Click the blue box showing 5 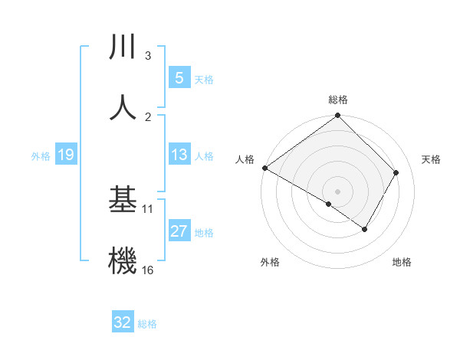point(179,78)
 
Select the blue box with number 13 point(179,155)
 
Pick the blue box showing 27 point(179,231)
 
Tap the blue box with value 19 point(66,155)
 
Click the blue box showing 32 point(123,322)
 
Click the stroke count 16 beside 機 point(147,270)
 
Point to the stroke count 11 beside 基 point(148,208)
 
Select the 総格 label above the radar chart point(338,100)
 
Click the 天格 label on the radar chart point(432,159)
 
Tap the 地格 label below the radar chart point(402,263)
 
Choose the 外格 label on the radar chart point(270,263)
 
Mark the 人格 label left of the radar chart point(245,159)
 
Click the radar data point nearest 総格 point(337,116)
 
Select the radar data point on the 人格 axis point(264,168)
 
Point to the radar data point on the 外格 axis point(329,204)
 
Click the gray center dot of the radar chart point(337,191)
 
